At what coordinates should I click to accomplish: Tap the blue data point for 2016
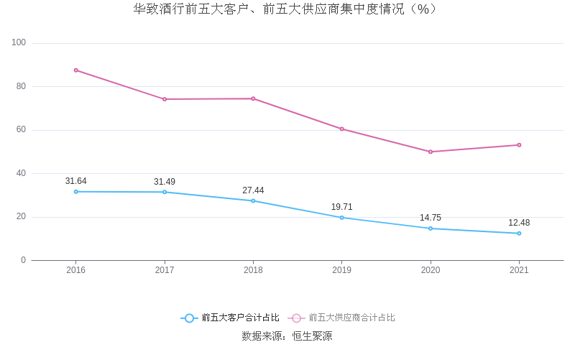[x=76, y=192]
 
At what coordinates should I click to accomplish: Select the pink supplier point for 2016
[x=76, y=70]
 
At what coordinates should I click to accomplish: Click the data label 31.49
[x=165, y=182]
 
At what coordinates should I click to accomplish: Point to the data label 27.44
[x=253, y=190]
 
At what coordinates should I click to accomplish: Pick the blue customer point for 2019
[x=341, y=218]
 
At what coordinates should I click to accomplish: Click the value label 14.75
[x=431, y=218]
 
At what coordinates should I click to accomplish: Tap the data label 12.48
[x=519, y=223]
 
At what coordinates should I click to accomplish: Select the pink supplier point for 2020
[x=431, y=152]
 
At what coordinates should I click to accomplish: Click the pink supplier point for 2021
[x=519, y=145]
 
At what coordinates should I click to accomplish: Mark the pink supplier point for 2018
[x=253, y=98]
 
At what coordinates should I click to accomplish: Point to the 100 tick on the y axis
[x=19, y=43]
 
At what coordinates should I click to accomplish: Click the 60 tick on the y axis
[x=21, y=130]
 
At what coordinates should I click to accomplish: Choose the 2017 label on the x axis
[x=165, y=270]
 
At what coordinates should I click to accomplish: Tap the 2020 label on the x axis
[x=431, y=270]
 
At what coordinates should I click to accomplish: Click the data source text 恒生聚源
[x=312, y=336]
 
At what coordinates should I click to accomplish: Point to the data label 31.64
[x=76, y=181]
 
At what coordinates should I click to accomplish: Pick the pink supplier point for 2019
[x=341, y=129]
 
